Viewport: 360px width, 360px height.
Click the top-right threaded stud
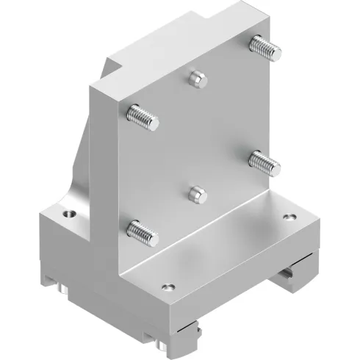[264, 48]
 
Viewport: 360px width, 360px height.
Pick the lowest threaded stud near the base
[141, 231]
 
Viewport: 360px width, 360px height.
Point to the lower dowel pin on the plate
[195, 193]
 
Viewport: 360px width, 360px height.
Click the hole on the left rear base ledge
[70, 214]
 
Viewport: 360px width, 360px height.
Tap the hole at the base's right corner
[288, 218]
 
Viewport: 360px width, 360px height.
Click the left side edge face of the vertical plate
[104, 184]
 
